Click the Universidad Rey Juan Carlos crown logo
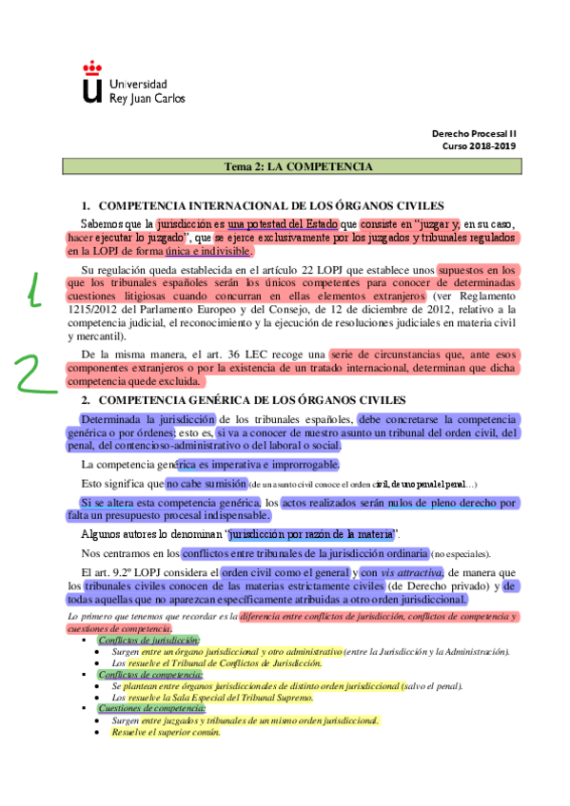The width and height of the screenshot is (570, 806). (x=91, y=82)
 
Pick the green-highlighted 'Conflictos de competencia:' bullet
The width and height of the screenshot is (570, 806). (x=148, y=674)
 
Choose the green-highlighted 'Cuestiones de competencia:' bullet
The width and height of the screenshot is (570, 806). (x=148, y=708)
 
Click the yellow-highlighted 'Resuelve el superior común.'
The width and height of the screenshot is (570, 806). (x=166, y=732)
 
